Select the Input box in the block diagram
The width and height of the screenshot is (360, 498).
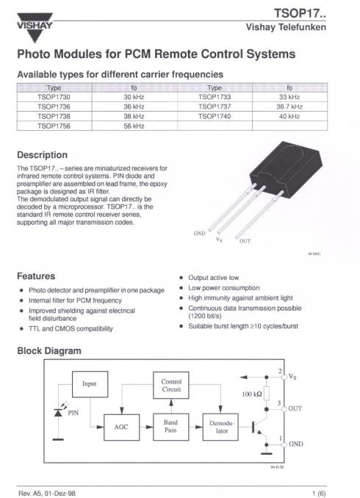tap(89, 383)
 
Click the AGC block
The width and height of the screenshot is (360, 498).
tap(121, 426)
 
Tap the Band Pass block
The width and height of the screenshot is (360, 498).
tap(170, 426)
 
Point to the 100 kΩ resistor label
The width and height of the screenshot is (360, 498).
tap(253, 394)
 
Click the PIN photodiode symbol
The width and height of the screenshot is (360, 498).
tap(58, 411)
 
